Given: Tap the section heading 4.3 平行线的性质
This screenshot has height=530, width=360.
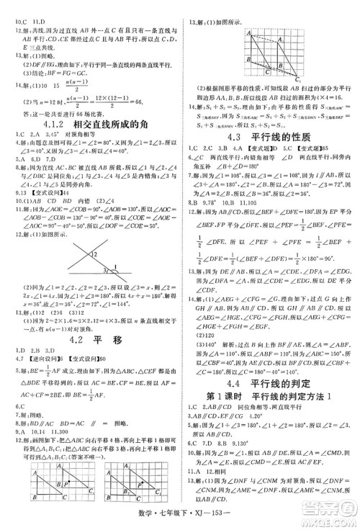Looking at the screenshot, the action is click(x=270, y=135).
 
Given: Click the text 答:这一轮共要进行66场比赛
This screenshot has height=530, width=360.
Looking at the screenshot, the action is click(x=65, y=113).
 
